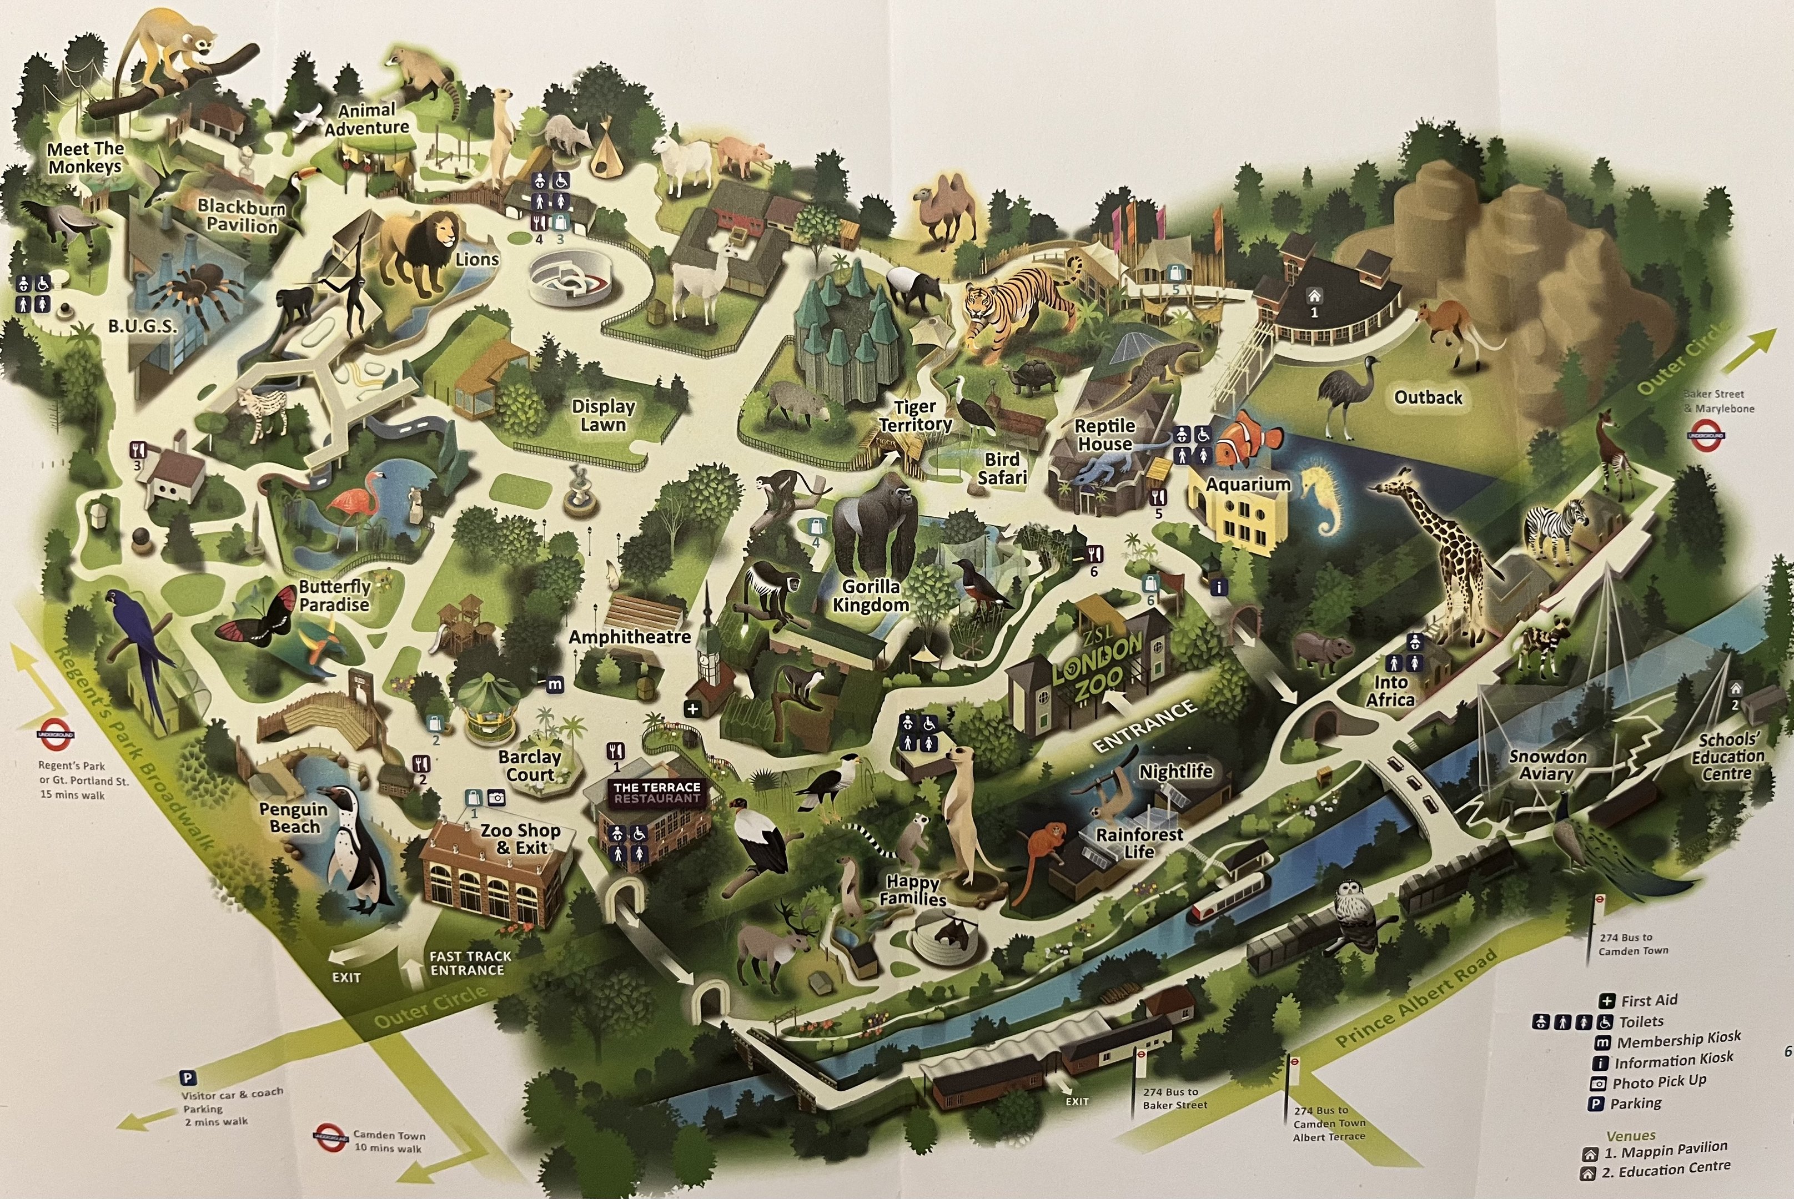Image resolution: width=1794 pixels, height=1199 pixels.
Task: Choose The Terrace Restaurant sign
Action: point(657,792)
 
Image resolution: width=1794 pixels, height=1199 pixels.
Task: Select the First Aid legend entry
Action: point(1648,1000)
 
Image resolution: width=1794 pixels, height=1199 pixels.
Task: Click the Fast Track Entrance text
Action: point(470,963)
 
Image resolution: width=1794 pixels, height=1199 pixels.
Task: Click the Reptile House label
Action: point(1104,434)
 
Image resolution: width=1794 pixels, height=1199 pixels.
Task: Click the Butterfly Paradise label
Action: point(334,596)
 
